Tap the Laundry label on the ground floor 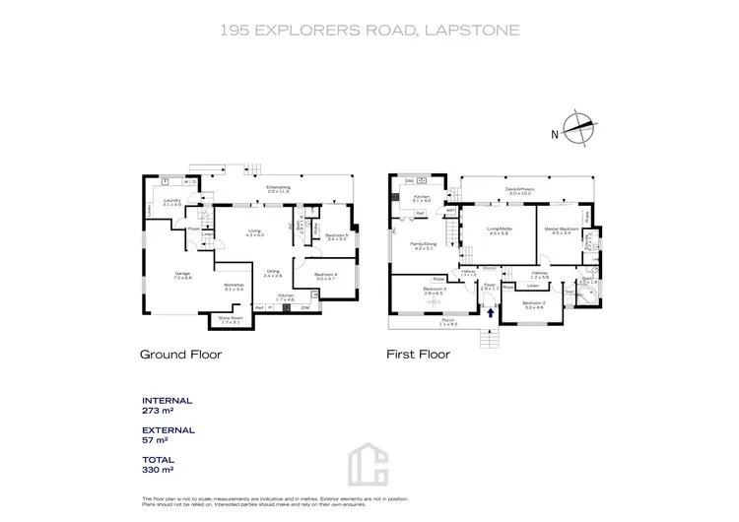(172, 200)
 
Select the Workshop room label (233, 287)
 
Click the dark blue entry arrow (490, 311)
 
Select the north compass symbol (577, 130)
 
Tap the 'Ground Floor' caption (180, 354)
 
